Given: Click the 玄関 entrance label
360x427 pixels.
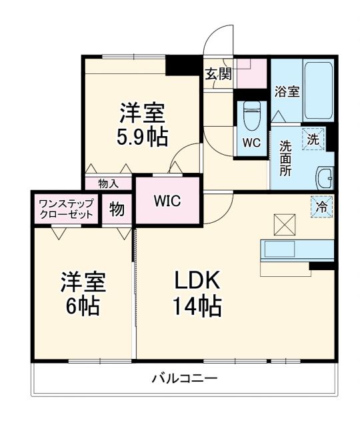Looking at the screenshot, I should click(x=218, y=74).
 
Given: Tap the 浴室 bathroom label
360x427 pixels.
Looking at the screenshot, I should click(x=287, y=92).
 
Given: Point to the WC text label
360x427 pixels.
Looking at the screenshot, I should click(x=251, y=142).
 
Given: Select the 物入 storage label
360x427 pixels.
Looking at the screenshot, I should click(x=108, y=183).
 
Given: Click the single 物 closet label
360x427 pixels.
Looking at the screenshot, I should click(x=117, y=209).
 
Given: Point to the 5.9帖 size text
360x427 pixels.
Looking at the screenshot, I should click(x=143, y=137).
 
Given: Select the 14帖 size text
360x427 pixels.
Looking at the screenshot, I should click(x=195, y=307).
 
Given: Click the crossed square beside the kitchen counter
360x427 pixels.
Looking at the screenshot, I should click(x=280, y=223).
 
